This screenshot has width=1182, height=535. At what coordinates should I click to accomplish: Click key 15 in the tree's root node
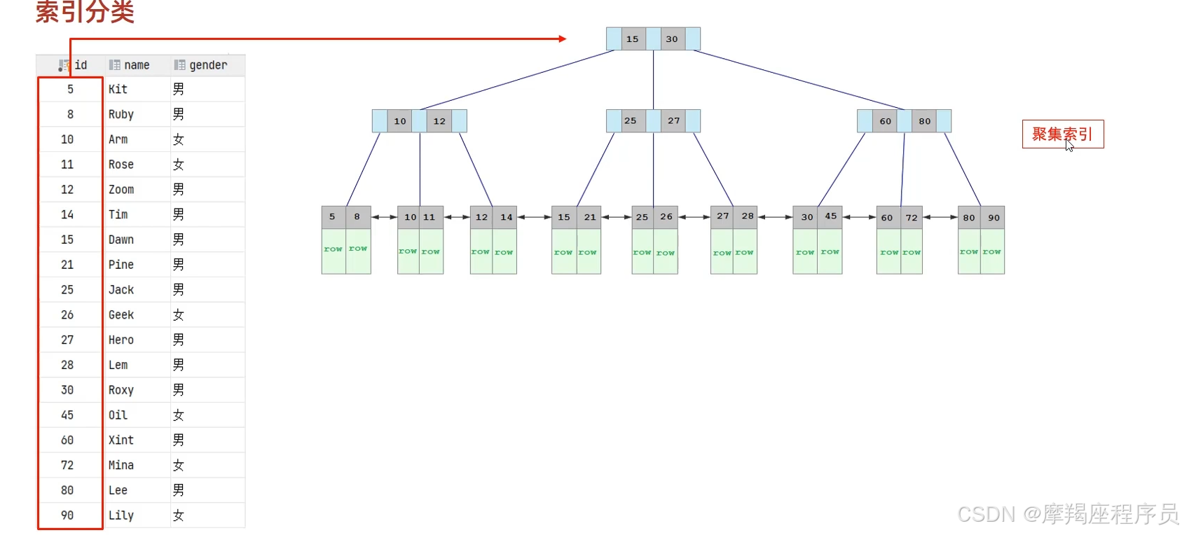(x=632, y=39)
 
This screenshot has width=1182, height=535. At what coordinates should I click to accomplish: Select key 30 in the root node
(x=672, y=39)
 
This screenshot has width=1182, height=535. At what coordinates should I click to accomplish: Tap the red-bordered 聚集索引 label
(x=1062, y=134)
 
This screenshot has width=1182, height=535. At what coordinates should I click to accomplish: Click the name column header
(x=137, y=65)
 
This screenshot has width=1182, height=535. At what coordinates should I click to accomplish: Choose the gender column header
(x=208, y=65)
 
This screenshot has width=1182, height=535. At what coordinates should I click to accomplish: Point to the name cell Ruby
(x=121, y=114)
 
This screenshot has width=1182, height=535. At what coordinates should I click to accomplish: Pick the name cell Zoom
(x=121, y=190)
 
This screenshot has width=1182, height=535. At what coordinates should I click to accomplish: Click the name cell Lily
(x=121, y=515)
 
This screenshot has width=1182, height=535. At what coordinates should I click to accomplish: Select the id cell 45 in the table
(x=67, y=415)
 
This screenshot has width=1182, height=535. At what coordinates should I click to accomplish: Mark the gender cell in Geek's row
(x=179, y=315)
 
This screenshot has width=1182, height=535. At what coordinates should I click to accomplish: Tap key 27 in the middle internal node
(x=673, y=121)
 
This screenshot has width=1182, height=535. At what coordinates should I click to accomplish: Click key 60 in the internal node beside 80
(x=886, y=121)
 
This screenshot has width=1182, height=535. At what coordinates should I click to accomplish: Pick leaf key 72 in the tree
(x=912, y=218)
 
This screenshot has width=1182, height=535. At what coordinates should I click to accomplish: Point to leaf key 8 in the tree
(x=357, y=217)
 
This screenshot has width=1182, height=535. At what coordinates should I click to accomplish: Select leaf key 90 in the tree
(x=994, y=218)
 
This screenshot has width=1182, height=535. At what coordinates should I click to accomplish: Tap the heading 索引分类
(x=85, y=12)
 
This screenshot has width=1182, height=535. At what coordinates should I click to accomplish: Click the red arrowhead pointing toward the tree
(x=563, y=39)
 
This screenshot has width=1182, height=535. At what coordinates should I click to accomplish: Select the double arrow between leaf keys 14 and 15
(x=534, y=217)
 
